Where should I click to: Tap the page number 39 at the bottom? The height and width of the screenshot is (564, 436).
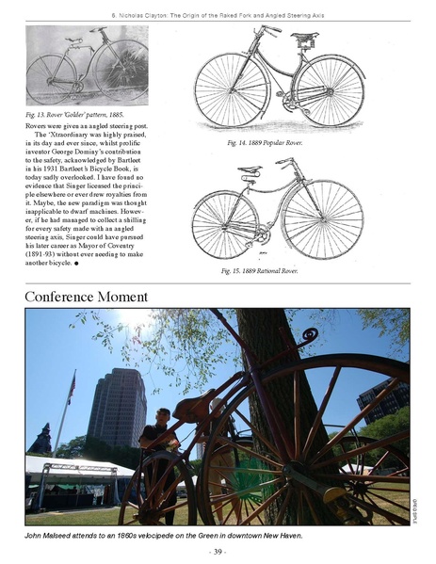tap(218, 550)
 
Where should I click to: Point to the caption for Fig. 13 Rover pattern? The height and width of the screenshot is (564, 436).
tap(73, 114)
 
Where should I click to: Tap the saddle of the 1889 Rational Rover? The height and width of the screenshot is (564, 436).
tap(250, 171)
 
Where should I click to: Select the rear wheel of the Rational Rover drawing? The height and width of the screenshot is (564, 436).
tap(224, 225)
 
